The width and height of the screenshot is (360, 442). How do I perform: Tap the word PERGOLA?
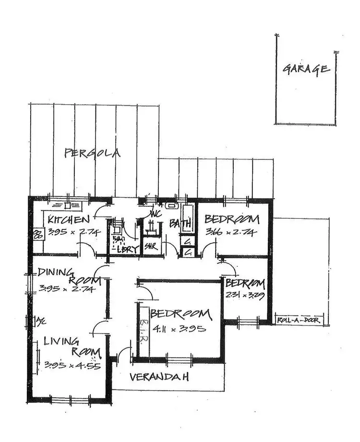pyautogui.click(x=92, y=154)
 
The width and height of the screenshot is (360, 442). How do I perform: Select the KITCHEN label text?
pyautogui.click(x=69, y=220)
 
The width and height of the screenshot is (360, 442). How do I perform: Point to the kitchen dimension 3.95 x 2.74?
pyautogui.click(x=69, y=232)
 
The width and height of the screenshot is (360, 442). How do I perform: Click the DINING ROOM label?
pyautogui.click(x=69, y=275)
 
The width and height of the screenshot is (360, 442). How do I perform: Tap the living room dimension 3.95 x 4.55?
pyautogui.click(x=72, y=364)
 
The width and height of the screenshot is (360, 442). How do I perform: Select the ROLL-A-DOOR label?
pyautogui.click(x=300, y=320)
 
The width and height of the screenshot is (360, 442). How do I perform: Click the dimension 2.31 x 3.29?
pyautogui.click(x=245, y=295)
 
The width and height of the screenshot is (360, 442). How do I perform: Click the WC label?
pyautogui.click(x=155, y=214)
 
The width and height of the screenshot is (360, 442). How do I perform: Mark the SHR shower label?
pyautogui.click(x=151, y=248)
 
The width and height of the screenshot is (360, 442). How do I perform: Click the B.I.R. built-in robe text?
pyautogui.click(x=144, y=330)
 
